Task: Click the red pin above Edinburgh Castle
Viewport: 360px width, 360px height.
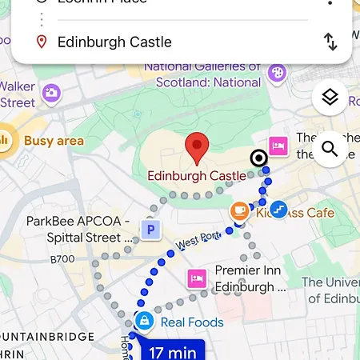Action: click(197, 148)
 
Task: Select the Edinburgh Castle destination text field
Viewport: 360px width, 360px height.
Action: click(115, 42)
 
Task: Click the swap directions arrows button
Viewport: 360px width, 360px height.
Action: click(330, 42)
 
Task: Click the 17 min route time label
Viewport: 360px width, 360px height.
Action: click(173, 350)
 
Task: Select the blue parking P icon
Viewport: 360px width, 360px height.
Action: click(150, 230)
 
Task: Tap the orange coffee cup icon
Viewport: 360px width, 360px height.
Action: click(239, 212)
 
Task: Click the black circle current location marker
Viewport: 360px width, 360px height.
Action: click(259, 158)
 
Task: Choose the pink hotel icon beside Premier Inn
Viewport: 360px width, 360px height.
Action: click(196, 279)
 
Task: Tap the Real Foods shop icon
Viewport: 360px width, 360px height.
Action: click(144, 322)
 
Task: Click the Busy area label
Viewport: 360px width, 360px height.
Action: click(54, 142)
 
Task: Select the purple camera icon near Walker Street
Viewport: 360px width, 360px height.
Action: click(52, 94)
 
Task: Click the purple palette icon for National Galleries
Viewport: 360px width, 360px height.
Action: click(277, 73)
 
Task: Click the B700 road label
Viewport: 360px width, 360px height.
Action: click(62, 259)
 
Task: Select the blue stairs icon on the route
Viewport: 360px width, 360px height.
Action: click(278, 210)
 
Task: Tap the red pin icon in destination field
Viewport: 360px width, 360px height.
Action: click(42, 42)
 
